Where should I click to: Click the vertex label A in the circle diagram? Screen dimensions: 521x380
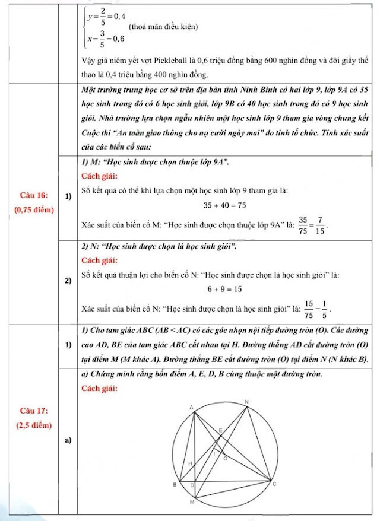pyautogui.click(x=192, y=408)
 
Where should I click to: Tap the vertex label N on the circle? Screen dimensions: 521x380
pyautogui.click(x=247, y=402)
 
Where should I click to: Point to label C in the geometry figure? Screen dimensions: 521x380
pyautogui.click(x=274, y=485)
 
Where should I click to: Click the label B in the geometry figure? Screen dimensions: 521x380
pyautogui.click(x=174, y=485)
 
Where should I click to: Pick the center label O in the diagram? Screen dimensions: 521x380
pyautogui.click(x=224, y=458)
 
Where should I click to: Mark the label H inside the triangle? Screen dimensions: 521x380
pyautogui.click(x=190, y=462)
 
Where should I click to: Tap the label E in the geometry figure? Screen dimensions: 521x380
pyautogui.click(x=220, y=429)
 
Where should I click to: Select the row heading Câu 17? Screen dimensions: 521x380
pyautogui.click(x=33, y=411)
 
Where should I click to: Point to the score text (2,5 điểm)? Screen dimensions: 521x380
pyautogui.click(x=33, y=425)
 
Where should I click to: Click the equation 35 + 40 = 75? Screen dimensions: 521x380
pyautogui.click(x=225, y=205)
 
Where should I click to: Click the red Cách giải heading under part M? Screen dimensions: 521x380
pyautogui.click(x=99, y=176)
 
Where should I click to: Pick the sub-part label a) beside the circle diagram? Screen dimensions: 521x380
pyautogui.click(x=68, y=440)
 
